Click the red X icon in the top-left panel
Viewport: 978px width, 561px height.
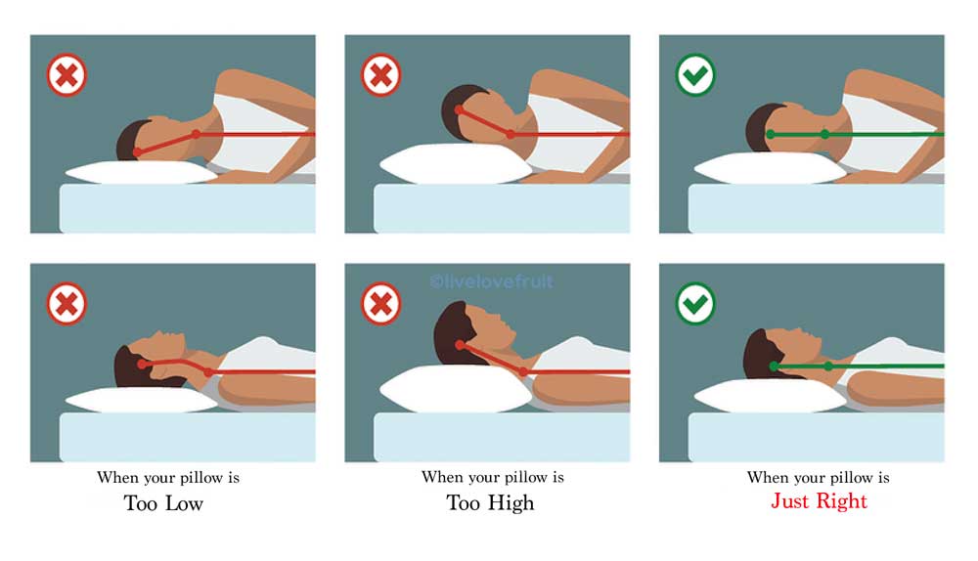(67, 75)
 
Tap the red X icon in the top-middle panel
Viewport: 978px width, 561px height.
(381, 75)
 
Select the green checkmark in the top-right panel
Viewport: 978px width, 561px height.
(695, 75)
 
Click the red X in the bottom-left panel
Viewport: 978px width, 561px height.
(67, 304)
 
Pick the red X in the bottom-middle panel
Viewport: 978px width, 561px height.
(381, 304)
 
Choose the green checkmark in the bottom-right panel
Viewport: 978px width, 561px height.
(695, 304)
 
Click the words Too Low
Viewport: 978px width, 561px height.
(163, 503)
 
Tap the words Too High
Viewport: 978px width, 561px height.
(490, 503)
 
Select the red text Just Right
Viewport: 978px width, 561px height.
(819, 501)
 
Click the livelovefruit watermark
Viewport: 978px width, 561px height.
(490, 281)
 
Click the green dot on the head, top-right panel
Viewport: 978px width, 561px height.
(771, 134)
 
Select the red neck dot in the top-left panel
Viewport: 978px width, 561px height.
(196, 133)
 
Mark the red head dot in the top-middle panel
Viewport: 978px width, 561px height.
(460, 109)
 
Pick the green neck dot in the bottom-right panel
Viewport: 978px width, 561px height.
(828, 367)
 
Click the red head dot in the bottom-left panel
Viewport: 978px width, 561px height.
(143, 363)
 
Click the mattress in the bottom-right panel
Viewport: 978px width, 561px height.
(802, 436)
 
